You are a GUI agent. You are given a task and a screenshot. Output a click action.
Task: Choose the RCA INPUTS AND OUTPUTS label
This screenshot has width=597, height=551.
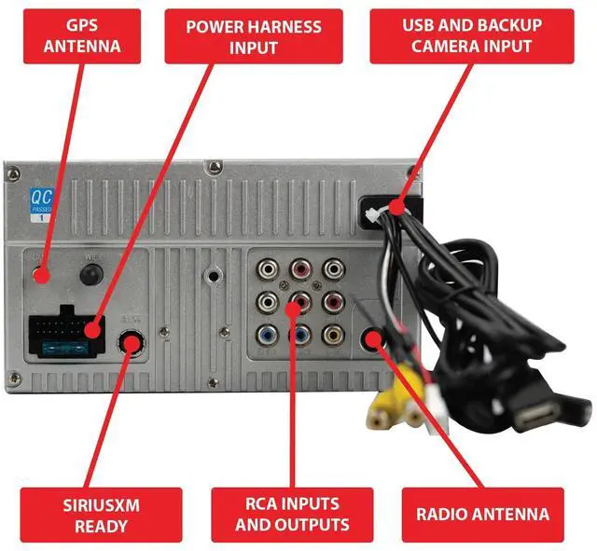(x=292, y=514)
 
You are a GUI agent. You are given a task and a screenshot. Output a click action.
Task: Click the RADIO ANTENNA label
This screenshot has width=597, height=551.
(x=482, y=514)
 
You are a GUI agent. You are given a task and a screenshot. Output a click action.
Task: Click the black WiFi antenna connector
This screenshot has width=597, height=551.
(x=90, y=273)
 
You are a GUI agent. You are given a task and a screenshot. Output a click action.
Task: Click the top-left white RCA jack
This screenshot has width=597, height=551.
(x=268, y=269)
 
